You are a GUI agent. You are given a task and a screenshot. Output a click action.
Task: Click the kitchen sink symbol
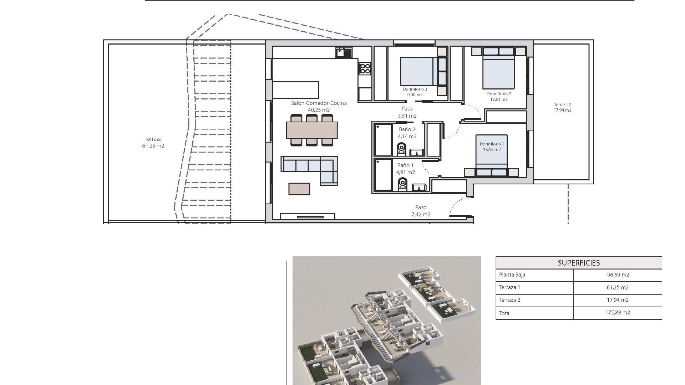[344, 52]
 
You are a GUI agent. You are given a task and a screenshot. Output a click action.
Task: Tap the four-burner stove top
[365, 68]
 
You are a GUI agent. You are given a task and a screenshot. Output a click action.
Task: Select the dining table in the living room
[312, 130]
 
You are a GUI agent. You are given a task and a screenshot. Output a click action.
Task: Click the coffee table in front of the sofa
[299, 189]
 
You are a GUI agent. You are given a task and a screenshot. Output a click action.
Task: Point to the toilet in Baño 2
[401, 149]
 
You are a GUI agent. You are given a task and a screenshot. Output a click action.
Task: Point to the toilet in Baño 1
[402, 184]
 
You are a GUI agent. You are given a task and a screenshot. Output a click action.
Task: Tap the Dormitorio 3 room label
[415, 89]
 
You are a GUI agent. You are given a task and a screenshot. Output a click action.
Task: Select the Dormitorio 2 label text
[499, 94]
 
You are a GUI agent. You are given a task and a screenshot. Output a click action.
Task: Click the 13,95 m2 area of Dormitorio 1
[492, 150]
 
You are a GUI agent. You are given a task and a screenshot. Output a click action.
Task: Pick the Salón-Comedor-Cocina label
[319, 103]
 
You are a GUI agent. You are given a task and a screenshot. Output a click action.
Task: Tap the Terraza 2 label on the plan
[562, 105]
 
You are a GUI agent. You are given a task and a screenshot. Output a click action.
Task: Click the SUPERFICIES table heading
[579, 263]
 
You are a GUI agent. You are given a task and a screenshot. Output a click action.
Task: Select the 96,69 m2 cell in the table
[618, 275]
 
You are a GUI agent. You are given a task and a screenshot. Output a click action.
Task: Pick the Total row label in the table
[505, 313]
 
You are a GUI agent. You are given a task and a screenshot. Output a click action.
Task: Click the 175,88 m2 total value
[618, 313]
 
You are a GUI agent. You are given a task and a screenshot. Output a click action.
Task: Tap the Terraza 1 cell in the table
[509, 287]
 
